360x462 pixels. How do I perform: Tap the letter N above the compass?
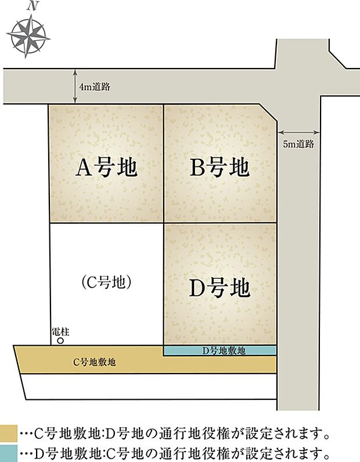pos(34,6)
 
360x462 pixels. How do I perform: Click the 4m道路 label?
pos(95,87)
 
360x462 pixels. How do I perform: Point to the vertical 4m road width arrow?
pos(75,87)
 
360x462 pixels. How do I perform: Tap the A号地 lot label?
pos(107,168)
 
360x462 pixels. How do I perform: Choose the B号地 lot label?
pos(220,168)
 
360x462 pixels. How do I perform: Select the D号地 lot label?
pos(220,287)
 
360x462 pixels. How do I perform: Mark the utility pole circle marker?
pos(60,342)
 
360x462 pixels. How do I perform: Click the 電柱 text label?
pos(60,332)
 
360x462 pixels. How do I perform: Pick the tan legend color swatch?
pos(8,433)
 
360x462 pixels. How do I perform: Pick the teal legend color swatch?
pos(8,451)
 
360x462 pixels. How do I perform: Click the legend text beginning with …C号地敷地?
pos(174,433)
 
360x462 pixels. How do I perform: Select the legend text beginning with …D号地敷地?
pos(174,451)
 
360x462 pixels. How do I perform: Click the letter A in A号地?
pos(83,169)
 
